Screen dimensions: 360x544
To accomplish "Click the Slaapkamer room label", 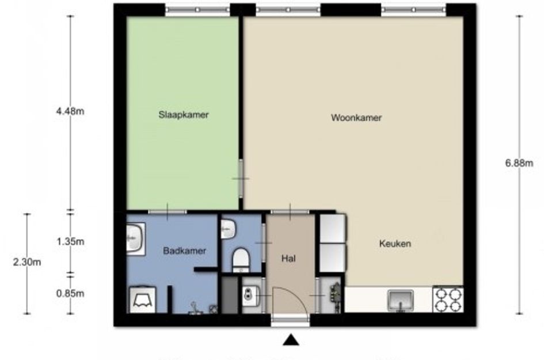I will [x=183, y=115].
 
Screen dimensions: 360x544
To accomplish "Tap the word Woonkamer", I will [x=356, y=118].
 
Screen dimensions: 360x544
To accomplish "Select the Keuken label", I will [x=395, y=244].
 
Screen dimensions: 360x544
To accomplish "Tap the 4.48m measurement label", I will [x=70, y=112].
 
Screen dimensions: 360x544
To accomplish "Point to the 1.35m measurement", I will [x=70, y=242].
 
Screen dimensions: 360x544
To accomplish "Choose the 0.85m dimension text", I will [x=70, y=293].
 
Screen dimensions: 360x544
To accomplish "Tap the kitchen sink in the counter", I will [x=401, y=300].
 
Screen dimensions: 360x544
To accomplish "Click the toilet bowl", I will [x=240, y=260].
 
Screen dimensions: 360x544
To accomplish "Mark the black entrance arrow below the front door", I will [x=291, y=341].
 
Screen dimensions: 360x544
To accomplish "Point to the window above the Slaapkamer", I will [x=197, y=9].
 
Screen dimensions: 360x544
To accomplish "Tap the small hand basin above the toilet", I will [x=227, y=229].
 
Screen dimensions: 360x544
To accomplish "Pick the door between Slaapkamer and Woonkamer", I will [x=241, y=179].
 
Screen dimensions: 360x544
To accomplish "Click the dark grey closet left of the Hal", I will [x=229, y=295].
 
